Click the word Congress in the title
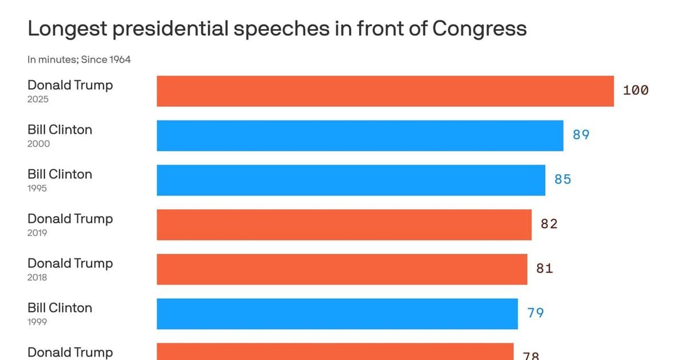[479, 29]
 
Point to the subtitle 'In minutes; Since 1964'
[79, 59]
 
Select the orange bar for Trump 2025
[385, 91]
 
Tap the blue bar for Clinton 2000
[360, 135]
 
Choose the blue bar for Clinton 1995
[351, 180]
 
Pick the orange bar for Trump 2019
[344, 225]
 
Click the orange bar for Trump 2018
[342, 269]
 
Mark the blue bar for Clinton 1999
[337, 314]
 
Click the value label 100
[636, 90]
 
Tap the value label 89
[581, 135]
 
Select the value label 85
[563, 179]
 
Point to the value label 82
[549, 224]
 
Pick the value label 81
[545, 269]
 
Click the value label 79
[536, 313]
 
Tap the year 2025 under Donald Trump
[38, 99]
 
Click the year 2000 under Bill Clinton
[39, 144]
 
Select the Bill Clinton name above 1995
[59, 174]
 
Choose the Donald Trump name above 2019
[70, 219]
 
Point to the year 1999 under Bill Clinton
[37, 322]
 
